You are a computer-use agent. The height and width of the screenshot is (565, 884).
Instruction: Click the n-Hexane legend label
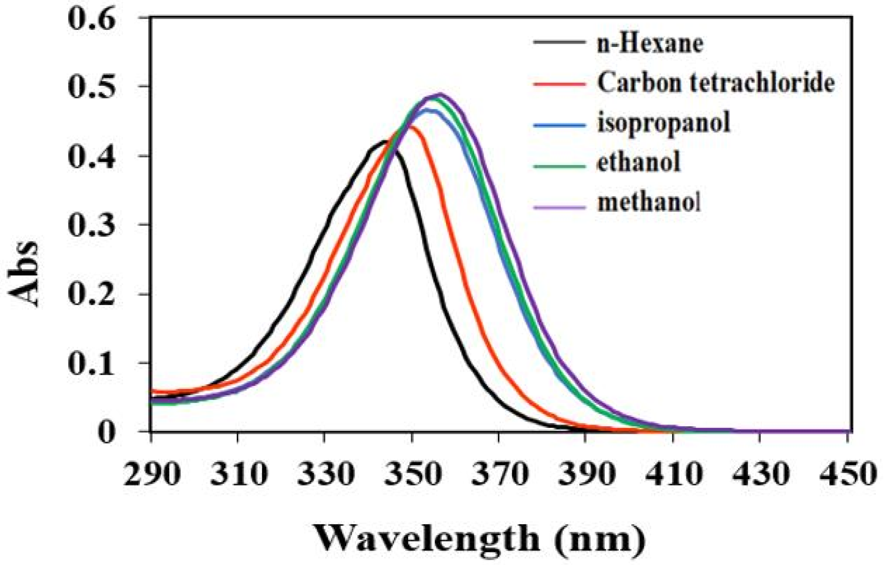click(x=650, y=44)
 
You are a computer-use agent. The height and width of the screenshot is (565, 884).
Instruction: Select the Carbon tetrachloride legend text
click(x=715, y=83)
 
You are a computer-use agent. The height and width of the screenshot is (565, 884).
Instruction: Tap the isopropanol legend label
click(x=664, y=123)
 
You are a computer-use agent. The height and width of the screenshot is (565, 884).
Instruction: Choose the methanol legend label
click(x=649, y=202)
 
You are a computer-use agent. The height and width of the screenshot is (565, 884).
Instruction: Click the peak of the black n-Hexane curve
click(x=384, y=141)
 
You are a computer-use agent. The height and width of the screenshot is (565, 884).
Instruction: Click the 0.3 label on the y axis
click(x=91, y=225)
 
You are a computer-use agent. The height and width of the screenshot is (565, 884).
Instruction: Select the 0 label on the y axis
click(x=106, y=432)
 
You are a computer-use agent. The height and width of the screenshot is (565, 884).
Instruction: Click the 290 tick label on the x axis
click(x=151, y=474)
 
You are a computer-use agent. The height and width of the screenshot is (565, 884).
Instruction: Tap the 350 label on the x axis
click(x=412, y=474)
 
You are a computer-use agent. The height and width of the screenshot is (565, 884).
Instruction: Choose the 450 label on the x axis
click(x=847, y=474)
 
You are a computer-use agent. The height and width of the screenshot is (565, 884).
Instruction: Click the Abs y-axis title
click(x=23, y=274)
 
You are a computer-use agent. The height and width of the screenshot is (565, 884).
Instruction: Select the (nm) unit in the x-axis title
click(x=600, y=540)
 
